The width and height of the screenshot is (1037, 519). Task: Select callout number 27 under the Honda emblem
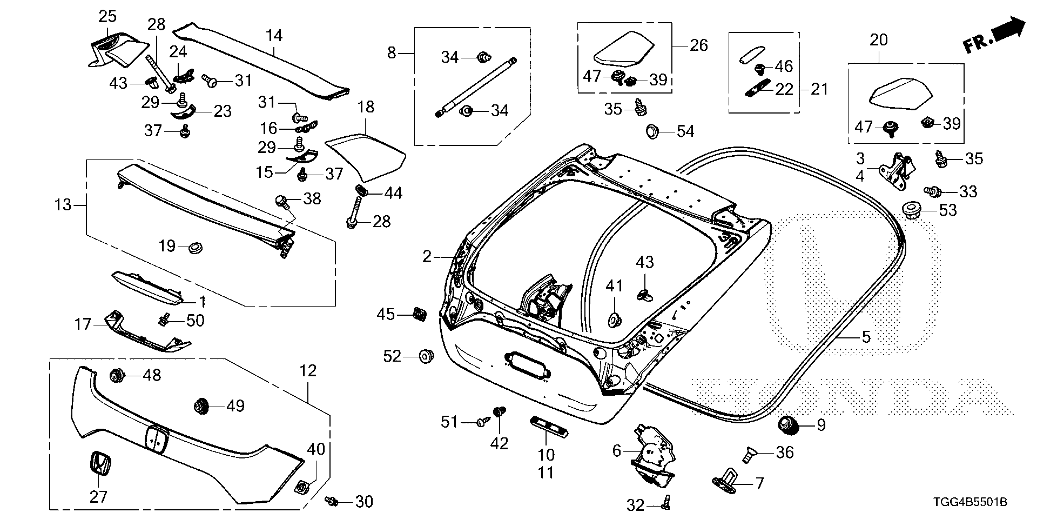(x=98, y=496)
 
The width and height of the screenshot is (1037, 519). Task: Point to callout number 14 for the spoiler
(x=274, y=36)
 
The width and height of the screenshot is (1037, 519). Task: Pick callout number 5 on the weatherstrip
(x=866, y=337)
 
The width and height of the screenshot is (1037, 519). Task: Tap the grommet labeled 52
(x=427, y=356)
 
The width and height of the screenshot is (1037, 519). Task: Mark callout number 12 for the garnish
(x=308, y=371)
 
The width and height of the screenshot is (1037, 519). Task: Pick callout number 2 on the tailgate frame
(x=427, y=257)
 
